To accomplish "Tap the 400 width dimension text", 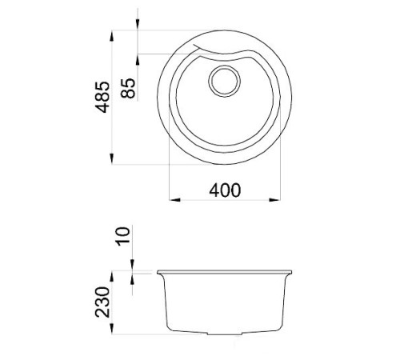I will [225, 190].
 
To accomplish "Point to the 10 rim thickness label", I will [122, 236].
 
